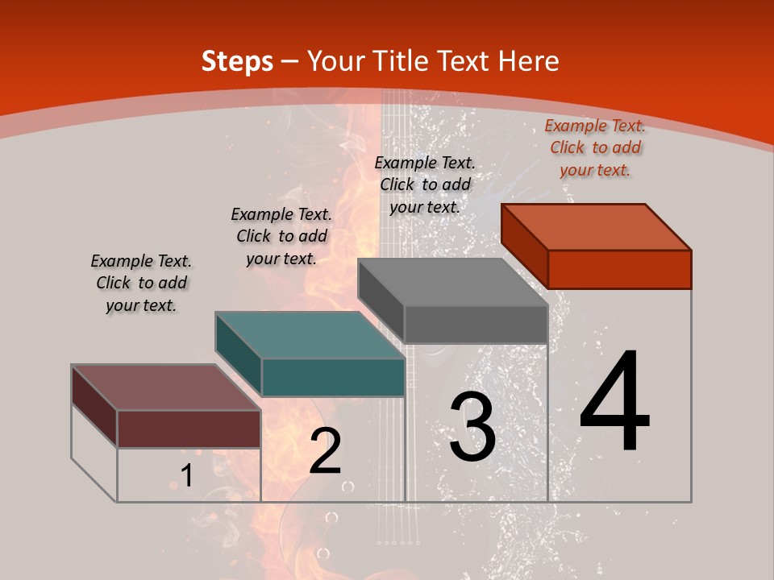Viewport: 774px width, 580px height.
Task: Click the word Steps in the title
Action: [237, 61]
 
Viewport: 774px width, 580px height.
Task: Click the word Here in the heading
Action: [528, 61]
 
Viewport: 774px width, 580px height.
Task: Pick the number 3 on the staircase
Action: [472, 428]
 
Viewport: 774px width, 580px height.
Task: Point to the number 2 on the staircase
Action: [325, 451]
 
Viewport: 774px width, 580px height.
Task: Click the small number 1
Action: [187, 476]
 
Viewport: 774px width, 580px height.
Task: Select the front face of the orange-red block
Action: [619, 269]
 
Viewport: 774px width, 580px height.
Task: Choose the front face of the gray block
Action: [476, 324]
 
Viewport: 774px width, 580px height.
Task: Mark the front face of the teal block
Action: [333, 377]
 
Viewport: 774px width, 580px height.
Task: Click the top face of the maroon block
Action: [166, 387]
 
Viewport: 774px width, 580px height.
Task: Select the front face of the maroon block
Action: [189, 429]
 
